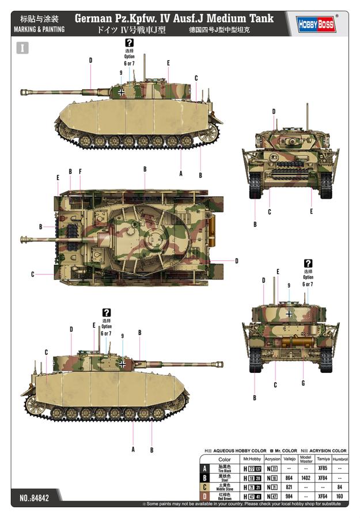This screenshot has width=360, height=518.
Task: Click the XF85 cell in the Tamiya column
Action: pos(323,469)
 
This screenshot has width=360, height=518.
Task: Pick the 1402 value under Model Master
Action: pos(306,478)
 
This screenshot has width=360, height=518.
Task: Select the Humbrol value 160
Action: pos(340,496)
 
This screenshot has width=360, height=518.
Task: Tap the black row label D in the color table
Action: pos(204,496)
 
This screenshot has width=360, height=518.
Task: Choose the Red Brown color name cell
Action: pos(225,496)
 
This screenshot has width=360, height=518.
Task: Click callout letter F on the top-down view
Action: pos(80,171)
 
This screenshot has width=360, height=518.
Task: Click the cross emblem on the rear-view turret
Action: pos(289,314)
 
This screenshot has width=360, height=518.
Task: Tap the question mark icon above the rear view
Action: pos(308,263)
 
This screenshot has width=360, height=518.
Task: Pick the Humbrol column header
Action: pos(340,459)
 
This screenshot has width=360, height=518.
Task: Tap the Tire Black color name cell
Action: pos(225,469)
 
